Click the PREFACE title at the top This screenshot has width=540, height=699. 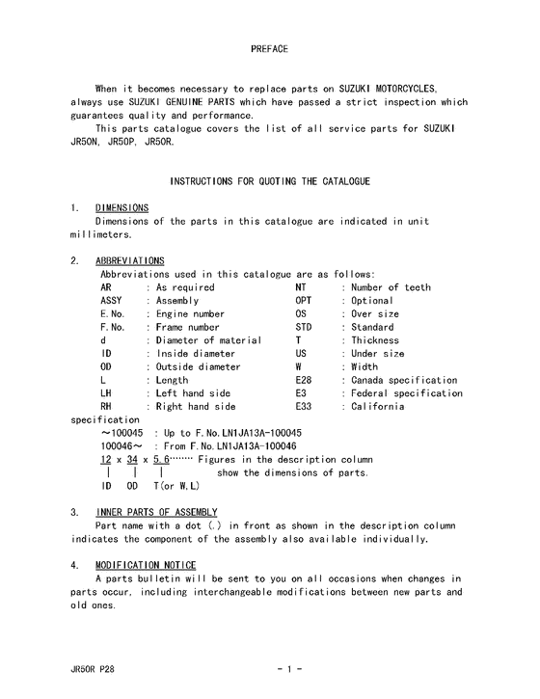tap(269, 48)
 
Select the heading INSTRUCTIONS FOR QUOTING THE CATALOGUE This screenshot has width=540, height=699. tap(270, 181)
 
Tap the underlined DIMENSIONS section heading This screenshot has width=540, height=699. tap(121, 207)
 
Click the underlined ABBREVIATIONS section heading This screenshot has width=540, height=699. tap(129, 260)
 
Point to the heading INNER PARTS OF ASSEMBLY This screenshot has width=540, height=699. tap(156, 511)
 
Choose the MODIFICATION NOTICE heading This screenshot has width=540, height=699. tap(146, 564)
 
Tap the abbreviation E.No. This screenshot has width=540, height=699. tap(113, 314)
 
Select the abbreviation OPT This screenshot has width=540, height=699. tap(304, 301)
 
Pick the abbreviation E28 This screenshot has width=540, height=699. tap(303, 380)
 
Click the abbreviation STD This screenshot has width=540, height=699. tap(304, 328)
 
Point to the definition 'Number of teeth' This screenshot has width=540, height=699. tap(391, 287)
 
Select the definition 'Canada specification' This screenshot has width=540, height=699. tap(403, 380)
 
